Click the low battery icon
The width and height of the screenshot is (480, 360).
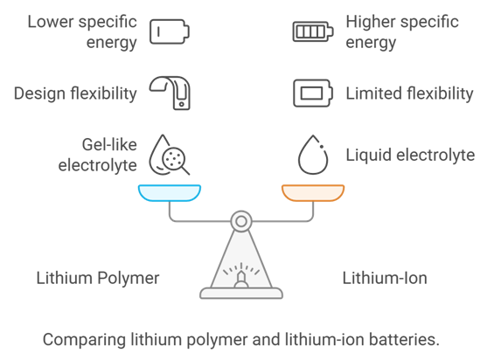click(x=170, y=31)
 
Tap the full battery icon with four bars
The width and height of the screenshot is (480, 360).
click(x=313, y=31)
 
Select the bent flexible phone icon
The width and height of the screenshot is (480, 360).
click(x=170, y=93)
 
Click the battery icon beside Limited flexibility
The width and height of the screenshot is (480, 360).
click(x=313, y=93)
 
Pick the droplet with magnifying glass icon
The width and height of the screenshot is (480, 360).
click(x=169, y=155)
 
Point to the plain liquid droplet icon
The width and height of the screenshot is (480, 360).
click(x=313, y=155)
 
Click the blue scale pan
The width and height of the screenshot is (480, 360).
click(x=170, y=193)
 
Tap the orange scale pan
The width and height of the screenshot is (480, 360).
click(x=313, y=193)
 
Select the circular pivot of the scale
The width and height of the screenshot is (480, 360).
click(x=241, y=221)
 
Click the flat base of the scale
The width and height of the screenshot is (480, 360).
click(x=241, y=293)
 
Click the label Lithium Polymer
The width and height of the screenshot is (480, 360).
click(x=98, y=279)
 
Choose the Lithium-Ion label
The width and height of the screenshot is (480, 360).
click(x=385, y=278)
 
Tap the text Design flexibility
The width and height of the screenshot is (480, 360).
click(x=75, y=93)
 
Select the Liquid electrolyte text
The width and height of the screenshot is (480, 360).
click(x=410, y=155)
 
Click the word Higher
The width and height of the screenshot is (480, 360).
click(x=371, y=22)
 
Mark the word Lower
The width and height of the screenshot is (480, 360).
click(x=49, y=22)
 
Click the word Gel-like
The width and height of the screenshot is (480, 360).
click(x=109, y=144)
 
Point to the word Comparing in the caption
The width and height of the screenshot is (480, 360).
click(x=84, y=340)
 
